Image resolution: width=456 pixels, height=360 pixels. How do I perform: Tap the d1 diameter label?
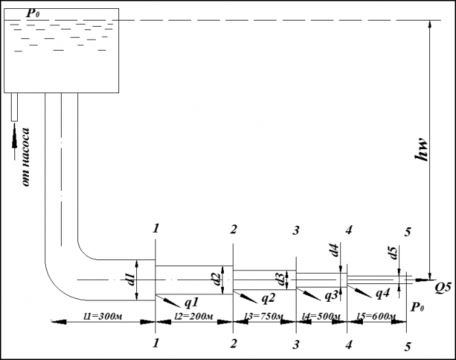point(129,279)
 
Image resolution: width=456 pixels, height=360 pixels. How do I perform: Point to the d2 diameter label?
point(214,280)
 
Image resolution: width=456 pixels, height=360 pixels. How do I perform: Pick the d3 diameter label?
point(279,279)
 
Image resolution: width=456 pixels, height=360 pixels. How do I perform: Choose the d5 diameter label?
point(393,253)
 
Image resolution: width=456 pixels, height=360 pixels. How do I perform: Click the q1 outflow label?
point(191,301)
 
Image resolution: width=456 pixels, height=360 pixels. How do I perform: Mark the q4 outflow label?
point(383,294)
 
